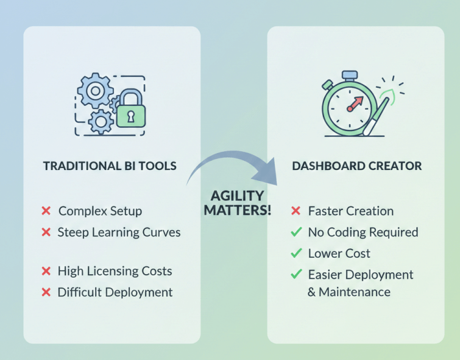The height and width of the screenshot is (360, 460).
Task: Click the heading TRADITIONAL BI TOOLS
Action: (110, 166)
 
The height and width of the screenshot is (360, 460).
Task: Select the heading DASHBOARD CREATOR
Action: (356, 166)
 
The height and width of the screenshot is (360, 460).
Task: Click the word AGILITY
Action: (237, 196)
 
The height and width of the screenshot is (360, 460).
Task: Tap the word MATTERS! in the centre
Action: (237, 210)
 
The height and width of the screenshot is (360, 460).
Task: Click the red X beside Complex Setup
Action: (46, 211)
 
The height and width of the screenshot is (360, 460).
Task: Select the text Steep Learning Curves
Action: (119, 232)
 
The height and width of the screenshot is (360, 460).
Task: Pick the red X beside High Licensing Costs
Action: (46, 271)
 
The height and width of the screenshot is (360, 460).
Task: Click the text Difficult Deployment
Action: (115, 292)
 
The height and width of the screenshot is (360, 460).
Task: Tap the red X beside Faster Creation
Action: (296, 211)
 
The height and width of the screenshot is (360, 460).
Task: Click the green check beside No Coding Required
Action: (296, 232)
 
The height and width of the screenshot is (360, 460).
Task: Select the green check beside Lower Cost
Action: (296, 253)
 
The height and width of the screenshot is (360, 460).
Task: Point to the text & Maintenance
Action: (349, 292)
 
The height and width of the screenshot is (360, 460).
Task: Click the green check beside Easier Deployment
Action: (296, 274)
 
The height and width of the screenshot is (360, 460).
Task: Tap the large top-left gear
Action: (95, 91)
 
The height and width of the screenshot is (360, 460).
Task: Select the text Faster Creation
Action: (351, 211)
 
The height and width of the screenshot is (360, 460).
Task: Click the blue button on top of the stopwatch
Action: (349, 76)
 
